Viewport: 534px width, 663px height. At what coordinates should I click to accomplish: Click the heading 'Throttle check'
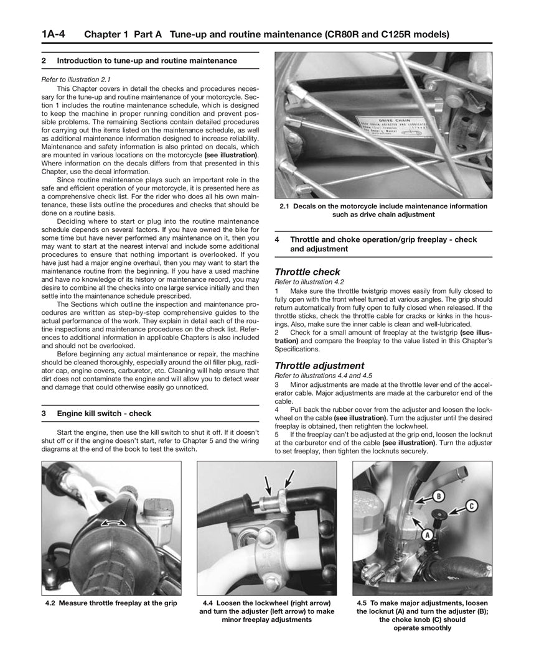coord(307,272)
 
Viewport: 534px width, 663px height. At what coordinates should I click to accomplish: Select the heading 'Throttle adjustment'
coord(319,366)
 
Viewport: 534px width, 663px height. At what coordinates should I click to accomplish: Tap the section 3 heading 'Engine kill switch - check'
coord(104,413)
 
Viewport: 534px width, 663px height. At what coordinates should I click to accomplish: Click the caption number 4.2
coord(51,603)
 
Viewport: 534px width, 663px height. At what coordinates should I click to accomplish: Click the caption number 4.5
coord(363,603)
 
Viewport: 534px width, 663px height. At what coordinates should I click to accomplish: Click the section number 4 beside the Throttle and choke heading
coord(277,239)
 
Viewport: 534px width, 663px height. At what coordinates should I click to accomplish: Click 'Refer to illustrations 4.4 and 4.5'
coord(323,376)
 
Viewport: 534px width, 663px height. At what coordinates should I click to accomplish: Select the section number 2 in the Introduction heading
coord(44,60)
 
